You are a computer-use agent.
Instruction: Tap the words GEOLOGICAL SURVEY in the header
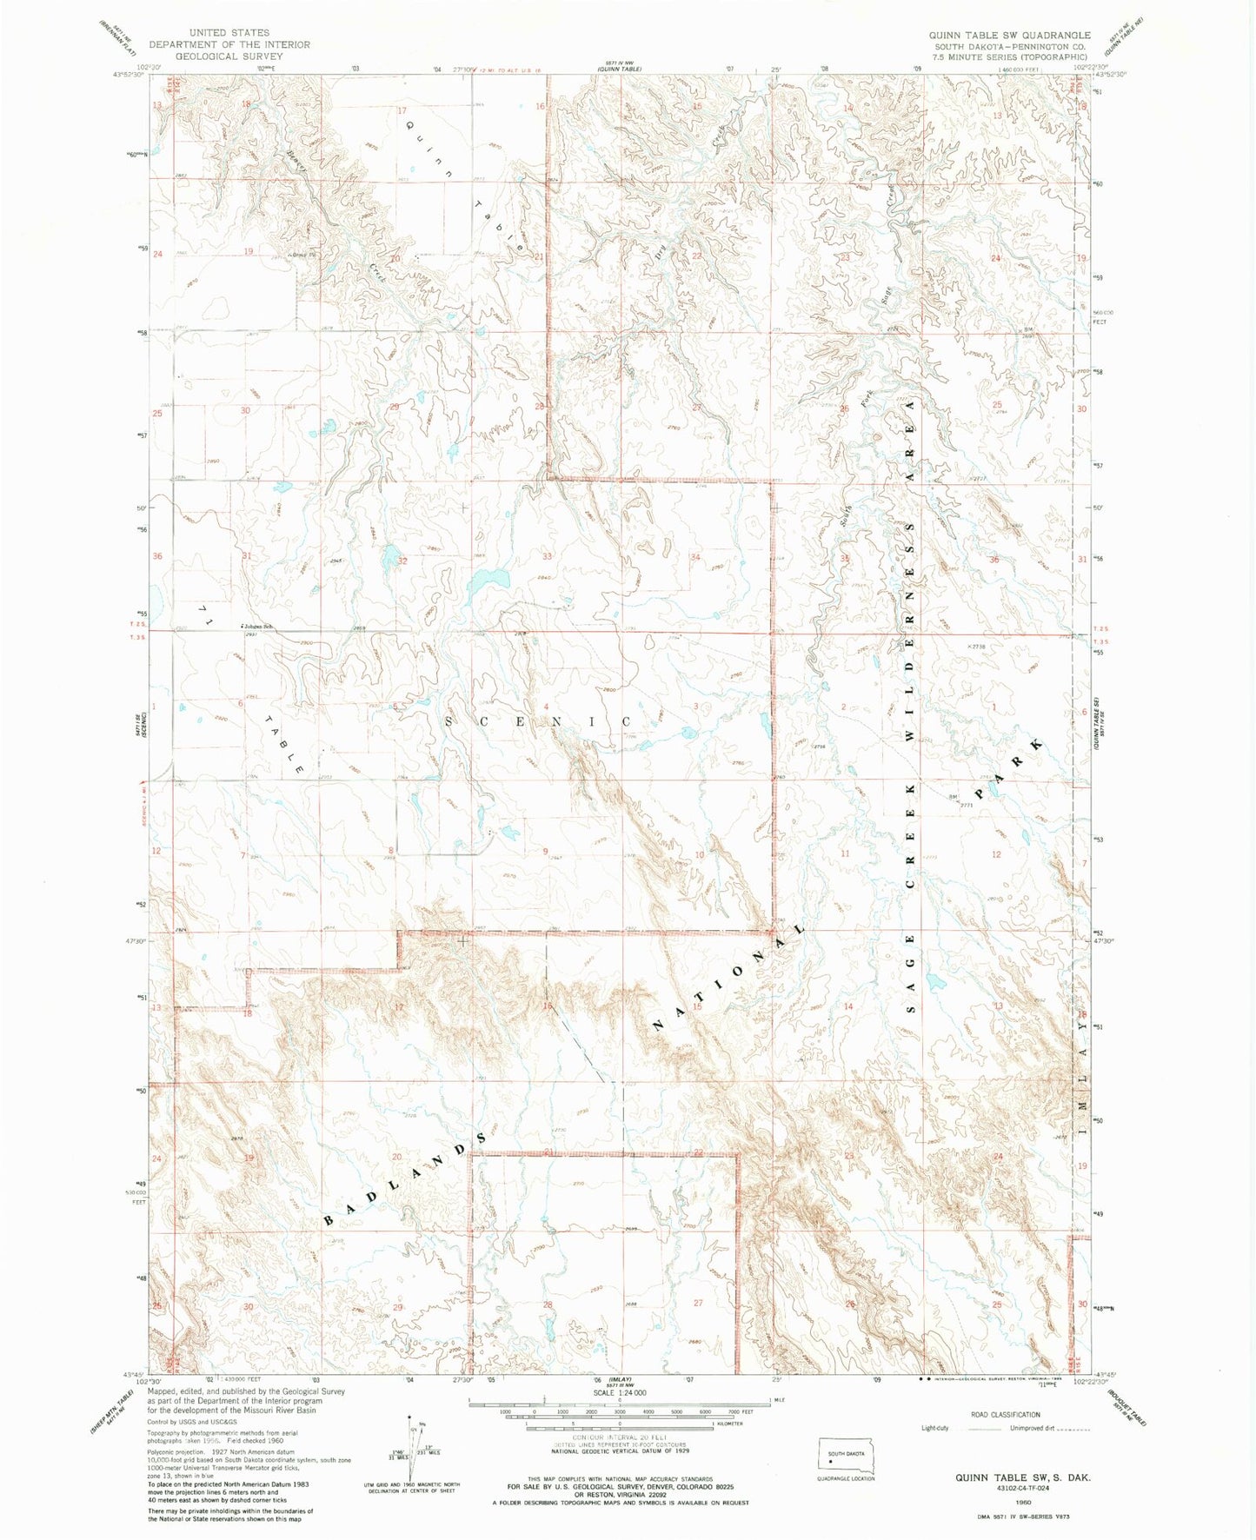coord(229,56)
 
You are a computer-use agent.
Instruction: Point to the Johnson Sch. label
coord(259,627)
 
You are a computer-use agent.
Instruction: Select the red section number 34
coord(695,557)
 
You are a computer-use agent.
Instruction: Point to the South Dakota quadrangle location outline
coord(847,1456)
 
